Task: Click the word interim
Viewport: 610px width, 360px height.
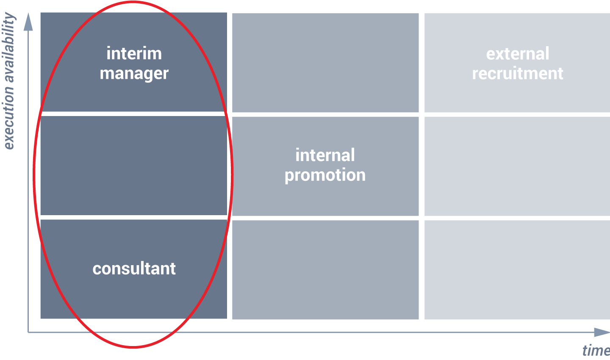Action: pos(134,53)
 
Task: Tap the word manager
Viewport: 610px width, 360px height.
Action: pos(134,74)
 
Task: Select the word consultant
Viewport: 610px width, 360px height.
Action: pos(134,269)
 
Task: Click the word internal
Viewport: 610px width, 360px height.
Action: pos(325,155)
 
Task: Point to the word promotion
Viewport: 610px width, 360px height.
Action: pos(325,175)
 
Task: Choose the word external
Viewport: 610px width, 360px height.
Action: pos(518,53)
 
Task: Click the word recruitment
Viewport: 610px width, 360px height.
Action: pos(518,73)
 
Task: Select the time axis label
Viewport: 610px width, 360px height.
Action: pos(596,350)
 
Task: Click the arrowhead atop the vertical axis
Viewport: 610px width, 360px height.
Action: pos(28,22)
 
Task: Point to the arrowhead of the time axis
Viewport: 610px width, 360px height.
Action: pos(602,332)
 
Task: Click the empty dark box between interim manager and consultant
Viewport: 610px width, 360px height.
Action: pos(134,166)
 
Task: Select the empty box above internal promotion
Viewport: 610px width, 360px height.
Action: pos(325,63)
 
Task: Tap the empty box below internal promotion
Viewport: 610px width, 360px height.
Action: pos(325,270)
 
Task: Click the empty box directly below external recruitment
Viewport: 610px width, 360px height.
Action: pos(517,166)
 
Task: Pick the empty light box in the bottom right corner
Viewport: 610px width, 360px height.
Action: pos(517,270)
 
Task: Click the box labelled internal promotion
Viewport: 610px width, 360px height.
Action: pos(325,166)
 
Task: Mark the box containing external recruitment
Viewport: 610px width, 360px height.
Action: pos(517,63)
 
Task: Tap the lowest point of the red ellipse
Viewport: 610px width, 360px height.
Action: pos(133,347)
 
